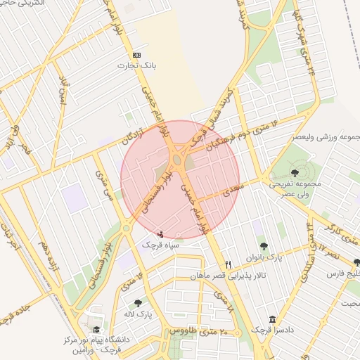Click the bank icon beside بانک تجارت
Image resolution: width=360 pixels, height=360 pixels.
[x=136, y=55]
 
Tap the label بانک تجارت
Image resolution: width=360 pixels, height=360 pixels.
[x=137, y=65]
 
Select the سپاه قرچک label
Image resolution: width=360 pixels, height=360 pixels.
[x=162, y=245]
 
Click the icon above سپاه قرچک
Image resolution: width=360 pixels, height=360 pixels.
[x=161, y=233]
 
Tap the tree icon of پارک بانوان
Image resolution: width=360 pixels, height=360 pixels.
[x=263, y=246]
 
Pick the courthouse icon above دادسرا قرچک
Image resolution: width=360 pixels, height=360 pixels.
[x=272, y=319]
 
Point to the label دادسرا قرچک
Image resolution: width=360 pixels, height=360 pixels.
[x=271, y=330]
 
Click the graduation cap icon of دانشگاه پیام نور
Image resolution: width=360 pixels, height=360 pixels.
[x=96, y=329]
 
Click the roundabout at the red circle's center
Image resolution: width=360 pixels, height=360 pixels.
[x=179, y=163]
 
